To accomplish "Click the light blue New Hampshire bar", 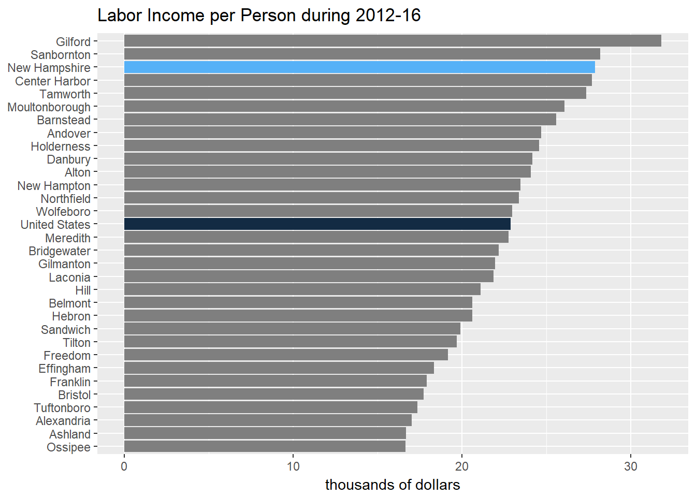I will click(359, 67).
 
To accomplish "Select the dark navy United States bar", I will click(317, 224).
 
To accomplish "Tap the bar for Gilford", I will click(393, 41).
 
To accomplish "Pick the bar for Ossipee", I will click(265, 447).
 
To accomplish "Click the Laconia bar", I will click(309, 277).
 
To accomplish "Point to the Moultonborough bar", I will click(344, 107).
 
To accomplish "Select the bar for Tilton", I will click(290, 342).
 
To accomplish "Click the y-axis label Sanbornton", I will click(61, 55).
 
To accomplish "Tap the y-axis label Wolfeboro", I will click(63, 212).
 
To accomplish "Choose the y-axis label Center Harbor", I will click(53, 81).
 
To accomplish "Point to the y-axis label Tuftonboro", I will click(62, 408).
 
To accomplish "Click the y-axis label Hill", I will click(83, 290).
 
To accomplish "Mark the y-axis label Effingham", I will click(65, 369).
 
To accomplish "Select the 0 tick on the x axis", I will click(124, 466).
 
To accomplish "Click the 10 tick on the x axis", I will click(293, 466).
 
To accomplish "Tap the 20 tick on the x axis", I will click(462, 466).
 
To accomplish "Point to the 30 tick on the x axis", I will click(631, 466).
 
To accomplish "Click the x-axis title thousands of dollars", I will click(393, 485).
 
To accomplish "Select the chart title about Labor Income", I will click(259, 16).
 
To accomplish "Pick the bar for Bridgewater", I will click(311, 251).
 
